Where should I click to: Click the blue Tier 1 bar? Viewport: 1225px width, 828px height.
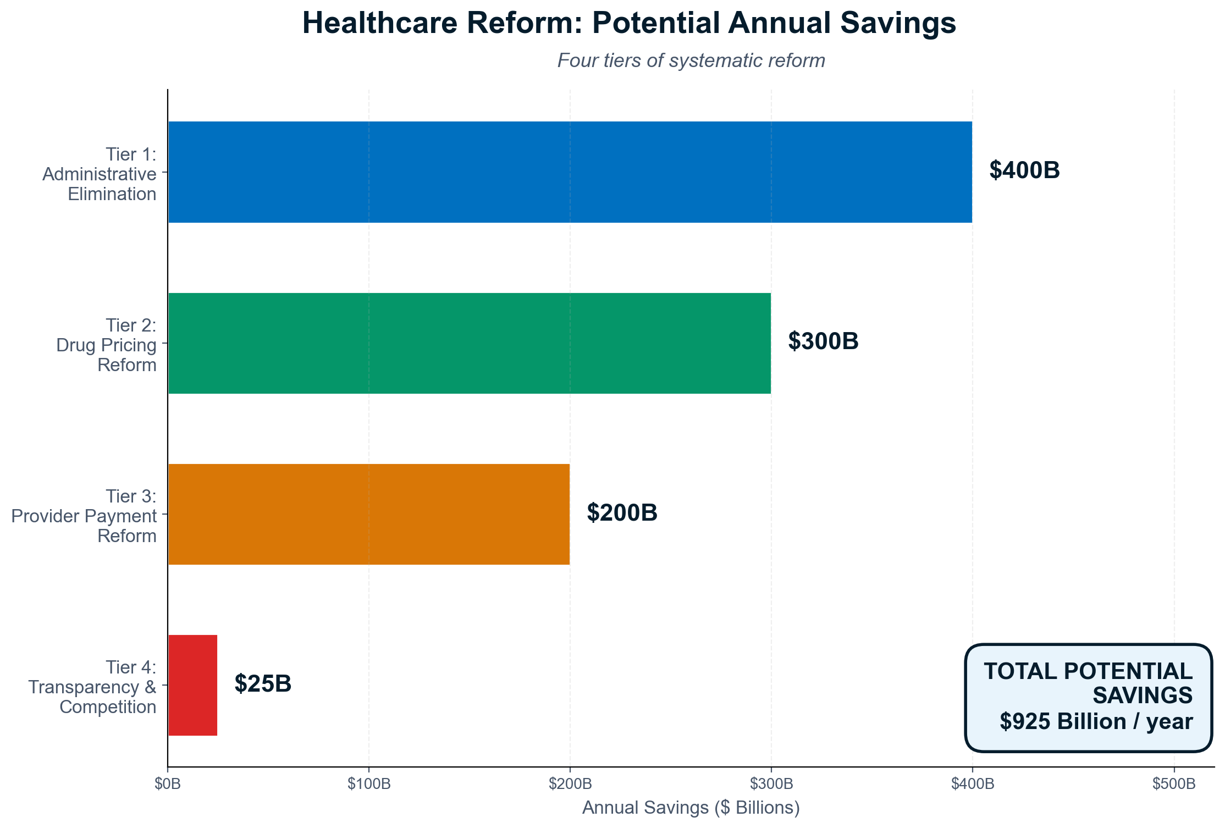point(570,172)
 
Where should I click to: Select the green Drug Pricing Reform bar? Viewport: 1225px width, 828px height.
point(469,343)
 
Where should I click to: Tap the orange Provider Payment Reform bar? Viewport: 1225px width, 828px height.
point(368,514)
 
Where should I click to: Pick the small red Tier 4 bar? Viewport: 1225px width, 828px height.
point(192,685)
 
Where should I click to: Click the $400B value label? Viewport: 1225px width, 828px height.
point(1024,170)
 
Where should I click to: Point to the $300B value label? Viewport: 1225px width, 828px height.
point(823,341)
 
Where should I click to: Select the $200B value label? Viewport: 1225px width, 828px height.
point(622,513)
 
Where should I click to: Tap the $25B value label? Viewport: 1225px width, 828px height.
point(263,684)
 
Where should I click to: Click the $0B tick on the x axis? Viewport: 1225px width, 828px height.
point(167,784)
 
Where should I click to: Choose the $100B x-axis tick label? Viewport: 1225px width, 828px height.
point(369,784)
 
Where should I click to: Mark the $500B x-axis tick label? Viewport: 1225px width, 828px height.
point(1174,784)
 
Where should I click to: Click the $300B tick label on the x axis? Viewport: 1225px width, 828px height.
point(771,784)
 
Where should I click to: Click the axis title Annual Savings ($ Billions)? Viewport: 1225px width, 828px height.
point(691,808)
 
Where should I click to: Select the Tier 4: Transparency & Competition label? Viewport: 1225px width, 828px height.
point(92,687)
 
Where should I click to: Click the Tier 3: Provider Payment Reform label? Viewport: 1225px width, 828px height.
point(84,516)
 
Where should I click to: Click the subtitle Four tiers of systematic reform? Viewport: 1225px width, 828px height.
point(691,60)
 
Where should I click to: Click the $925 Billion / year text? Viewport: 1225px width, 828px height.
point(1096,721)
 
